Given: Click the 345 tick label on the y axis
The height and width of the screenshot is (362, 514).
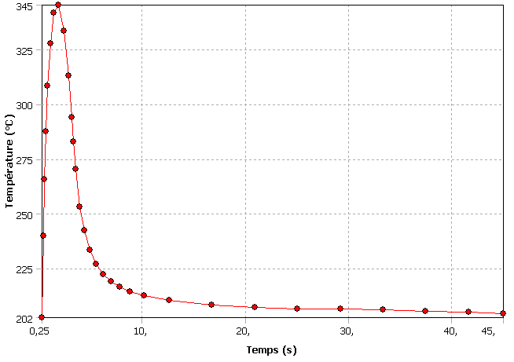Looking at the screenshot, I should click(x=24, y=6).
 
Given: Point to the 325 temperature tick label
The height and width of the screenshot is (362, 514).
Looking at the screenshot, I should click(x=24, y=51).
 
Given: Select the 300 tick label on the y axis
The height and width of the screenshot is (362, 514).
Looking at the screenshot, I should click(x=24, y=105).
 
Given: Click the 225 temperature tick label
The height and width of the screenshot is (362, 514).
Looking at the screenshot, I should click(x=24, y=269).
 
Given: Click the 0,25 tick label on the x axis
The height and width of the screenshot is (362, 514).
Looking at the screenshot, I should click(x=40, y=332).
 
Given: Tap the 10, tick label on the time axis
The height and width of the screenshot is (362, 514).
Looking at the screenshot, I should click(x=141, y=332).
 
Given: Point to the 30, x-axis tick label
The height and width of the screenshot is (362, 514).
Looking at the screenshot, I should click(x=347, y=332).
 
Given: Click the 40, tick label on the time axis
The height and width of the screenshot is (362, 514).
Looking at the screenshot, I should click(x=450, y=332).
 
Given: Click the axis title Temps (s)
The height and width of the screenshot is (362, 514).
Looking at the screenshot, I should click(x=271, y=349).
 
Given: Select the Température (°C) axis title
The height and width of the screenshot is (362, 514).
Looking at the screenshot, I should click(x=9, y=162).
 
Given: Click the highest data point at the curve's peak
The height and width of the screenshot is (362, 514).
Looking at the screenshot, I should click(x=58, y=5).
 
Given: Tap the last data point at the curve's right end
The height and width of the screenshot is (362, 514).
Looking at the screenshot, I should click(x=503, y=313).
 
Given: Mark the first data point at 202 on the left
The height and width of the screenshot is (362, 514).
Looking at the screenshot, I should click(x=42, y=317).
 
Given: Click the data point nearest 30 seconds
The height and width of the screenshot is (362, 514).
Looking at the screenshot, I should click(x=340, y=309).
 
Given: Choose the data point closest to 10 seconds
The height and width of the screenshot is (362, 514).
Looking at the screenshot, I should click(x=144, y=295).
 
